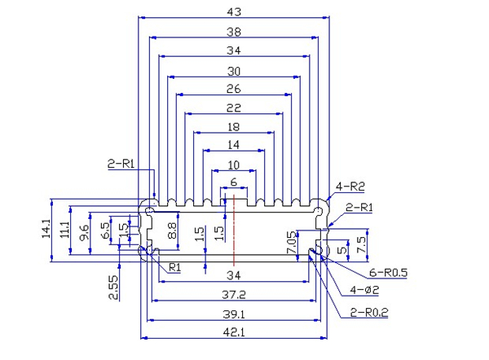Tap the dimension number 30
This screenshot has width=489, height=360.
(233, 70)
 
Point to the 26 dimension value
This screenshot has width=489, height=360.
(233, 90)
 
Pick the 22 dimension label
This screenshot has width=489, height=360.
(233, 108)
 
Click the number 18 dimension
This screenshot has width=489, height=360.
(233, 127)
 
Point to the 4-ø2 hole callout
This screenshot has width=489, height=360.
(364, 290)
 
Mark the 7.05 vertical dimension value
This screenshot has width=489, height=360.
(291, 242)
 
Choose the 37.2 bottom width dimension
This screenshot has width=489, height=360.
(233, 293)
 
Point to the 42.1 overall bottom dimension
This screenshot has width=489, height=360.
(233, 332)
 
